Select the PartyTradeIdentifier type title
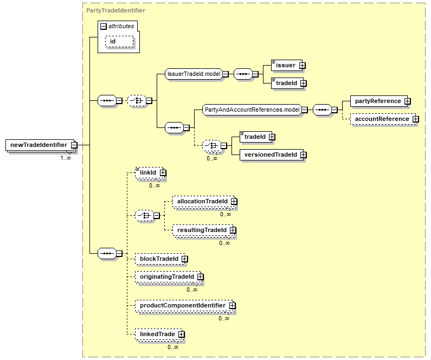[115, 10]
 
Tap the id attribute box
[119, 42]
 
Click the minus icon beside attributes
[104, 27]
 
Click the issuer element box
[287, 66]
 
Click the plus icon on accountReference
[416, 119]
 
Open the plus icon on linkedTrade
[182, 334]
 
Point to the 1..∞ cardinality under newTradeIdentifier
[66, 158]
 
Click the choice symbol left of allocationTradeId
[144, 215]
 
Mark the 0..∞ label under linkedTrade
[173, 347]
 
